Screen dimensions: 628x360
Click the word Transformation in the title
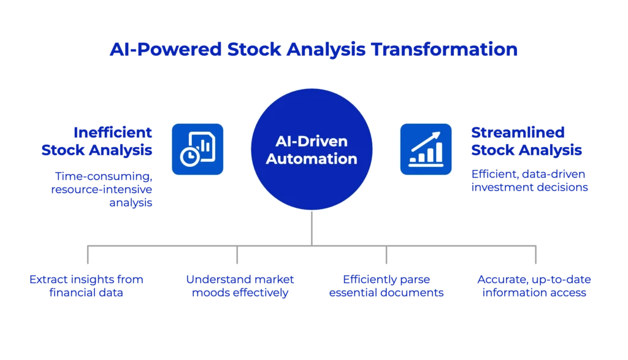click(x=444, y=49)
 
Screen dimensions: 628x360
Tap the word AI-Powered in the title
click(x=166, y=49)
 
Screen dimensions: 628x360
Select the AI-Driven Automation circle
click(x=312, y=150)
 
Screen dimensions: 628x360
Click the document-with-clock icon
click(x=197, y=149)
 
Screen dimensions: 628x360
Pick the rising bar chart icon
click(x=426, y=149)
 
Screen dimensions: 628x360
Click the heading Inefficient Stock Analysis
click(x=97, y=141)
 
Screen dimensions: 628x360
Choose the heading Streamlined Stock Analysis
click(x=526, y=141)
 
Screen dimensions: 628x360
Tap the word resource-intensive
click(x=102, y=189)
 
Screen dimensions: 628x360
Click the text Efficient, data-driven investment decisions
click(x=529, y=180)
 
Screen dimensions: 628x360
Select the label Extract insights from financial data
click(x=86, y=286)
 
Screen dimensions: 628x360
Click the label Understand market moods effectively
click(x=240, y=286)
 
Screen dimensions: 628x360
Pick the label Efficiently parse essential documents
click(x=386, y=286)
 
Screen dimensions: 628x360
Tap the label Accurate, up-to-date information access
click(x=534, y=286)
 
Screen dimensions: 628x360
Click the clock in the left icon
click(x=190, y=156)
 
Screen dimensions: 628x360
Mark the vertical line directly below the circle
click(x=312, y=228)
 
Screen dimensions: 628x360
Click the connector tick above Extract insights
click(x=88, y=255)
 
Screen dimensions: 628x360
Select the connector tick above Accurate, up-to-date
click(x=535, y=255)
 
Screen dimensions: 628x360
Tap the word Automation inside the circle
click(x=312, y=159)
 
